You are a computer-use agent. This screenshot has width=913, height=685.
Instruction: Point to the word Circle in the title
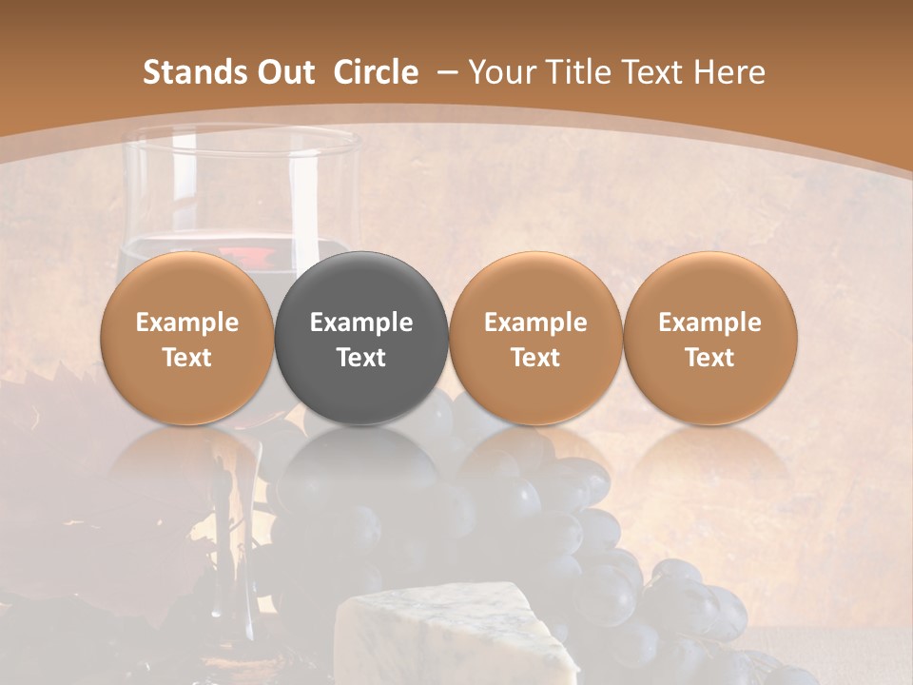[x=376, y=72]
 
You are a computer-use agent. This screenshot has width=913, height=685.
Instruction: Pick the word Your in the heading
[x=502, y=72]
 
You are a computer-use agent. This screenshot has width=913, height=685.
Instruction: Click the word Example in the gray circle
[x=361, y=323]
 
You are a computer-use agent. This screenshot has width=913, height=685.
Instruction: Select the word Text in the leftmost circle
[x=186, y=358]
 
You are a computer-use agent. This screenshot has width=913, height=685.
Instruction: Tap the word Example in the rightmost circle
[x=709, y=323]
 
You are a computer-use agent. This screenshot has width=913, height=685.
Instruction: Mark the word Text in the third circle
[x=535, y=358]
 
